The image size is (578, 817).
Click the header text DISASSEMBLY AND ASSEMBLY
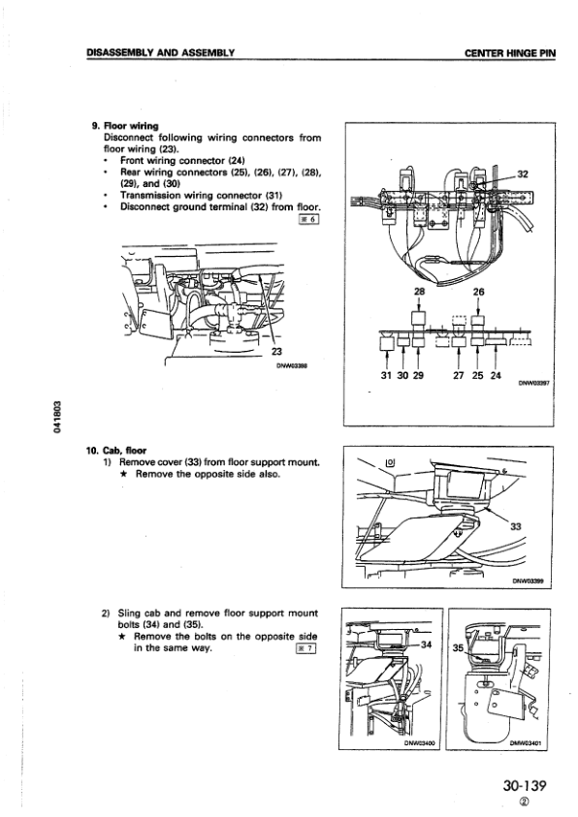click(x=162, y=51)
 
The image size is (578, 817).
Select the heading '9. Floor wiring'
click(x=124, y=125)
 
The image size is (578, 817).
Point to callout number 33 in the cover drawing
click(x=515, y=527)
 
